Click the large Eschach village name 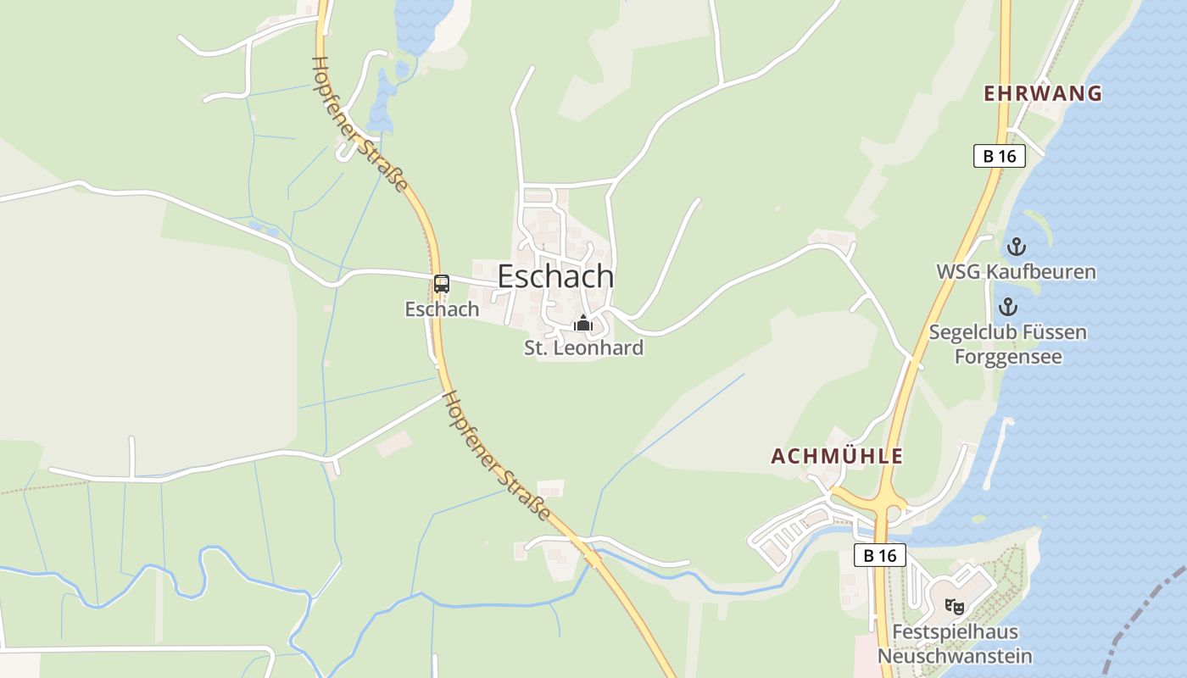pos(555,276)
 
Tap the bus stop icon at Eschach pos(441,284)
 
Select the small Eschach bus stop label pos(442,309)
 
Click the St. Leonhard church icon pos(582,323)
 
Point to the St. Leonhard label pos(583,347)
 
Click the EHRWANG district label pos(1042,94)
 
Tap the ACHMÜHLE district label pos(836,456)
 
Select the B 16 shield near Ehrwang pos(999,156)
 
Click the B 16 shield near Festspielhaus pos(879,556)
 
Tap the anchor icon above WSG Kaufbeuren pos(1015,247)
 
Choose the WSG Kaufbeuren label pos(1016,272)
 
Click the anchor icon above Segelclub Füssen pos(1008,307)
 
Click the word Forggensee pos(1008,356)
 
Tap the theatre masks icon pos(955,606)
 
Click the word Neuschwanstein pos(955,656)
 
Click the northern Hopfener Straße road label pos(359,124)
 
